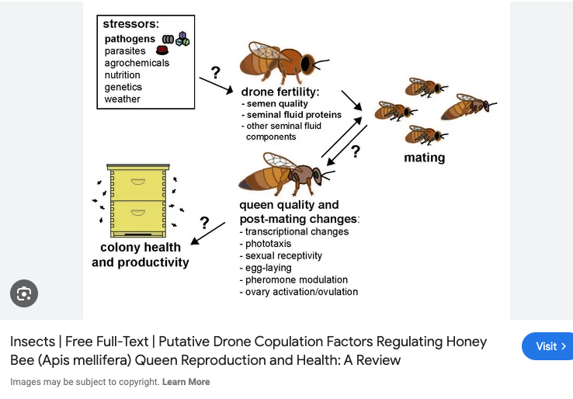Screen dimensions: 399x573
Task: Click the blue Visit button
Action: tap(547, 346)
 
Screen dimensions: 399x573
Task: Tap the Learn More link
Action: tap(187, 382)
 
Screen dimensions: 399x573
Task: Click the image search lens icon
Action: tap(24, 293)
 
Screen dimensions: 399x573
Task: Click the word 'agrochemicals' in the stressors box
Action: tap(137, 63)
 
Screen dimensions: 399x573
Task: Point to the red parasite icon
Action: tap(162, 51)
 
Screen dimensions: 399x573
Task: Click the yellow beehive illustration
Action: tap(138, 200)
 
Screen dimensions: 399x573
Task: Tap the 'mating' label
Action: tap(425, 158)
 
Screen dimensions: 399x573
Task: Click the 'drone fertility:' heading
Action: tap(280, 92)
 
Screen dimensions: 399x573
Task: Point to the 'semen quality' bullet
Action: tap(277, 104)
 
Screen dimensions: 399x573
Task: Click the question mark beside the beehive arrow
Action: tap(204, 223)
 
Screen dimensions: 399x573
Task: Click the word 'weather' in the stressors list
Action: tap(123, 99)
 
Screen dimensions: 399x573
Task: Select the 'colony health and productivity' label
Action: tap(141, 255)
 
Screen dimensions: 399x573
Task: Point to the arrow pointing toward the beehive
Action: tap(207, 234)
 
